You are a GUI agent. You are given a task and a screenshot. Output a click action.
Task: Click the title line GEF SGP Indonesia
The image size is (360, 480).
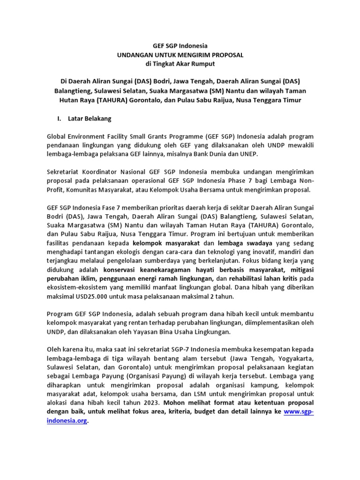tap(180, 46)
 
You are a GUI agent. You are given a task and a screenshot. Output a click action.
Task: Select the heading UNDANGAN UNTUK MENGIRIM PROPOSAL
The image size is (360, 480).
tap(180, 55)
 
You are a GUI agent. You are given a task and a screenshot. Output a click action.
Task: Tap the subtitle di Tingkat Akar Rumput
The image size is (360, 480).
tap(180, 64)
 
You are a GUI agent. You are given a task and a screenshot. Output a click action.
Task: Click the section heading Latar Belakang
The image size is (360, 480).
tap(91, 119)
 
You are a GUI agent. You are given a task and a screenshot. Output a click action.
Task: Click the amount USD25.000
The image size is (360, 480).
tap(90, 297)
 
